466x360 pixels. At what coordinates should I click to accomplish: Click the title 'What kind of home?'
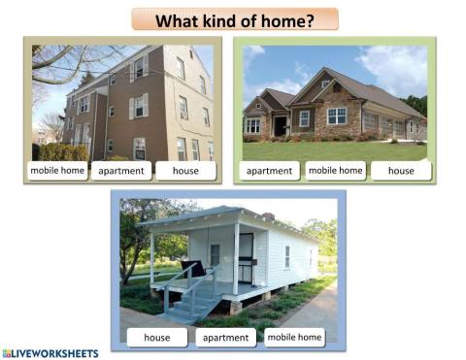pyautogui.click(x=235, y=19)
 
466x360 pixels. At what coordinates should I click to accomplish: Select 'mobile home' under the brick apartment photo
pyautogui.click(x=57, y=171)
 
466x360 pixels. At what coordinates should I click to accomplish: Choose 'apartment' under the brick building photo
pyautogui.click(x=121, y=171)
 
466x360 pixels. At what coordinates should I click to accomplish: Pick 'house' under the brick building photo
pyautogui.click(x=184, y=171)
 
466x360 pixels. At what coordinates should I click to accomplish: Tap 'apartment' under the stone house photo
pyautogui.click(x=270, y=171)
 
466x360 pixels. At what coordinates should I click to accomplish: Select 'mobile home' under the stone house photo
pyautogui.click(x=336, y=171)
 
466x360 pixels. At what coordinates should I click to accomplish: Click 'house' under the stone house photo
pyautogui.click(x=400, y=171)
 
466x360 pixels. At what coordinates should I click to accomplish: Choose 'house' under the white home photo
pyautogui.click(x=157, y=338)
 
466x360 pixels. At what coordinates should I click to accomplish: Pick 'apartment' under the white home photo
pyautogui.click(x=225, y=338)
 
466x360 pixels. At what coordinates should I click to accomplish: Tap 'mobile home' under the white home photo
pyautogui.click(x=294, y=338)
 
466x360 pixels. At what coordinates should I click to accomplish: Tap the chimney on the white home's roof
pyautogui.click(x=268, y=216)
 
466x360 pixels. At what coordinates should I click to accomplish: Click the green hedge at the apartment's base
pyautogui.click(x=63, y=151)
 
